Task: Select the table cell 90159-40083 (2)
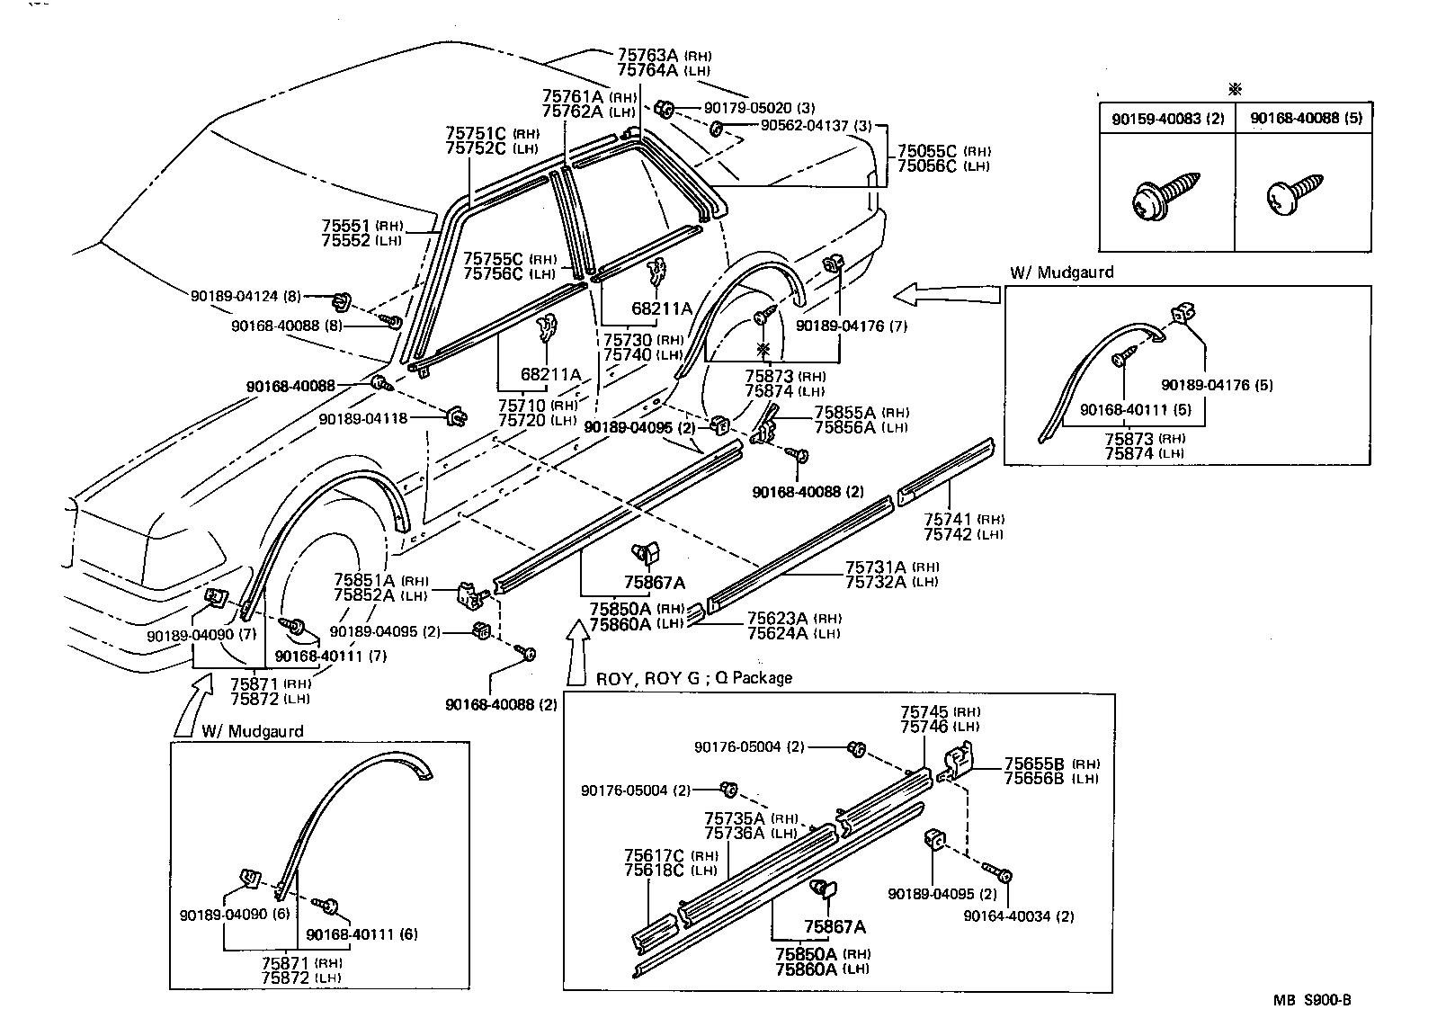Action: click(1167, 118)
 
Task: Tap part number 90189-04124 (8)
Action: click(245, 296)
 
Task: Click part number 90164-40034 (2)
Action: click(1018, 916)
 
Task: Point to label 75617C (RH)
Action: click(666, 855)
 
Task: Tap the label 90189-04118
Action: click(363, 419)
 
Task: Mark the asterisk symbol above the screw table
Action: click(1235, 89)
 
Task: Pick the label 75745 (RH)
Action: click(940, 711)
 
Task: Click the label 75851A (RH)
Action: click(381, 580)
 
